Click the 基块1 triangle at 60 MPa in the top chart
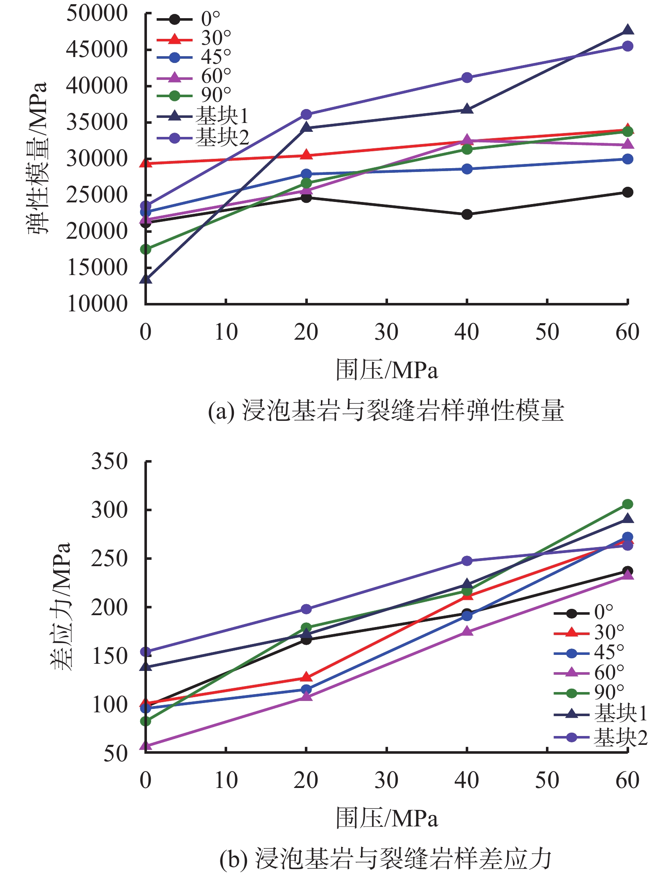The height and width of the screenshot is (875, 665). pos(628,30)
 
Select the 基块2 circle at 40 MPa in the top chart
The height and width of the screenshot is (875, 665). pos(467,78)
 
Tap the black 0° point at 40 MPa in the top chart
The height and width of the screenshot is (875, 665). pos(467,215)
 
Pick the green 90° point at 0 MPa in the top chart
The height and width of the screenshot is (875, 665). pos(146,249)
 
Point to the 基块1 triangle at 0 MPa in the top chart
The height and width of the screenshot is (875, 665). pos(146,279)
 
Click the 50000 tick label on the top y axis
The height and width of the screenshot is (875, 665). pos(97,14)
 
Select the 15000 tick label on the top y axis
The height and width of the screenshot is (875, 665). pos(97,268)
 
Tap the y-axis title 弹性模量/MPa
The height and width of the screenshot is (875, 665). pos(38,158)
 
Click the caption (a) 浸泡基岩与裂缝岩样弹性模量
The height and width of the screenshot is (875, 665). pos(386,411)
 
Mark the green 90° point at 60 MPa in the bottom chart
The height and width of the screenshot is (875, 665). pos(628,504)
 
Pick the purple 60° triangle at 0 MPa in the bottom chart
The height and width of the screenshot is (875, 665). pos(146,746)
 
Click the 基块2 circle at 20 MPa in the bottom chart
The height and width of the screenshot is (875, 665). pos(307,609)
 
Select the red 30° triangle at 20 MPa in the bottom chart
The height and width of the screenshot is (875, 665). pos(307,678)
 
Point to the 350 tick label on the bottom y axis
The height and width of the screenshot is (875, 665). pos(109,461)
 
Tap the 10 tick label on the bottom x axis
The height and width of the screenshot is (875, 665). pos(226,780)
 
